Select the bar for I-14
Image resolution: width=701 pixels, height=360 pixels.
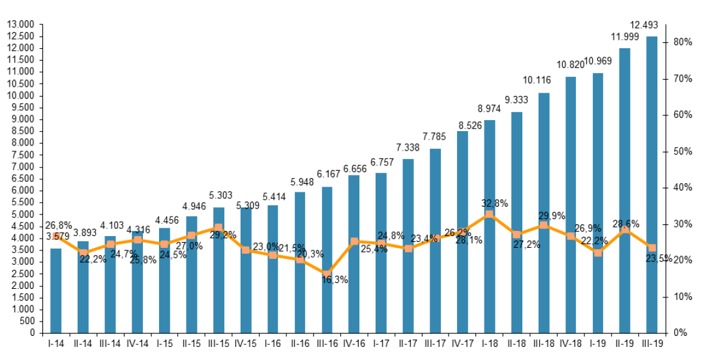click(x=56, y=290)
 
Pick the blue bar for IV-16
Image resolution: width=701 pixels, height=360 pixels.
click(x=353, y=254)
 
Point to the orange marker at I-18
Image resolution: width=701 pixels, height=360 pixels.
click(x=489, y=214)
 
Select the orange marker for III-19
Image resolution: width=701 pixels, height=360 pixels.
click(x=651, y=248)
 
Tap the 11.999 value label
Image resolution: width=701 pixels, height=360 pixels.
click(x=624, y=37)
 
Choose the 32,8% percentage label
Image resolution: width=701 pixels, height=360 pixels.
click(x=494, y=203)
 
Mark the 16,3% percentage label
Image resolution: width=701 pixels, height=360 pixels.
click(x=335, y=280)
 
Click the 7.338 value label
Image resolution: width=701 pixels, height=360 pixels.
click(x=408, y=147)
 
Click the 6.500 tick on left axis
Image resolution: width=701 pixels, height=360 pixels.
click(x=22, y=179)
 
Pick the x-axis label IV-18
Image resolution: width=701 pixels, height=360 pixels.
click(x=570, y=343)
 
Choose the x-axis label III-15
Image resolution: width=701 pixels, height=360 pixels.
click(x=218, y=343)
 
